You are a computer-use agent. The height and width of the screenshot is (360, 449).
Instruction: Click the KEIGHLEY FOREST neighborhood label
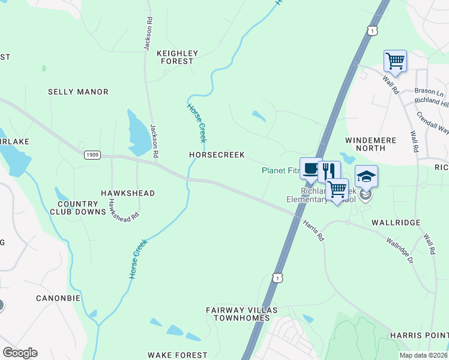[175, 57]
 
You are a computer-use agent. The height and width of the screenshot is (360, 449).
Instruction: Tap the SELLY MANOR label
[78, 92]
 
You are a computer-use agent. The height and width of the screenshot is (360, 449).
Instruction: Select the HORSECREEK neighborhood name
[217, 155]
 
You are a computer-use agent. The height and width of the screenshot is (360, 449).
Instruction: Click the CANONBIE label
[58, 298]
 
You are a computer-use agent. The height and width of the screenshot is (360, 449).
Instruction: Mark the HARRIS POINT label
[419, 334]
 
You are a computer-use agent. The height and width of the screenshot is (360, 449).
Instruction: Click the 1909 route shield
[92, 155]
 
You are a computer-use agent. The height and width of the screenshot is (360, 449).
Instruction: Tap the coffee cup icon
[310, 169]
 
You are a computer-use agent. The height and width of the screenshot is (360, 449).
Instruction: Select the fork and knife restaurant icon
[328, 171]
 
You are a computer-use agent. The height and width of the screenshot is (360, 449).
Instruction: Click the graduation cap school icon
[366, 176]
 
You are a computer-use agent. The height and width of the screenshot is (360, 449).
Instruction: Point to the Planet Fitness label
[280, 170]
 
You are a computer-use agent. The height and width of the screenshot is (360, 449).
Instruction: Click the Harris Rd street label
[313, 230]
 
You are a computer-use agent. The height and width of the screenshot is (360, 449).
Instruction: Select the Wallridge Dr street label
[400, 250]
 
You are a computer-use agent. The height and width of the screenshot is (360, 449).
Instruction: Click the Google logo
[20, 353]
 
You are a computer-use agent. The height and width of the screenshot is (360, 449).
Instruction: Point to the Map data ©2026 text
[423, 355]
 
